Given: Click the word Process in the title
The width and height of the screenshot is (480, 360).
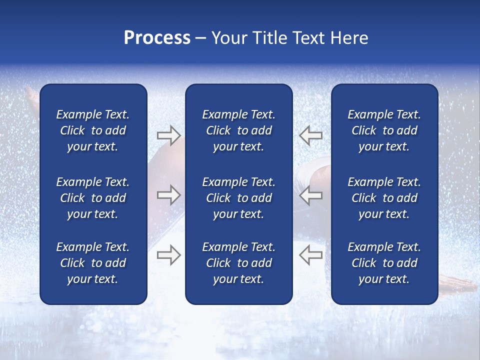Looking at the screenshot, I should (157, 38).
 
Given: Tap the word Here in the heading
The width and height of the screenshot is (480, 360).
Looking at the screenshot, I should (349, 38).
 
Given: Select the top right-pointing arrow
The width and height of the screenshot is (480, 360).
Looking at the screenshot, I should (168, 135).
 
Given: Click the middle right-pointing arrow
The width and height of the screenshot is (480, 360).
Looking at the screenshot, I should (168, 195).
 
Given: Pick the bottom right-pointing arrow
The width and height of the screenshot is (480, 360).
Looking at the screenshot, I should (168, 255).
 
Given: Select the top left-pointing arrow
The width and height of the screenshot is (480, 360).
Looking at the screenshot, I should (310, 135).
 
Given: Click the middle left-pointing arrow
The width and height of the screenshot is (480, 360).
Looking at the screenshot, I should (310, 195).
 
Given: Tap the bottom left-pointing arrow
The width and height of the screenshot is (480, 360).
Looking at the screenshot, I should (310, 255).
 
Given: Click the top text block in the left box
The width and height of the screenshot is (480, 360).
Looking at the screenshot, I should (93, 130).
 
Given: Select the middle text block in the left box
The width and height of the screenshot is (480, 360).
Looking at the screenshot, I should (93, 198).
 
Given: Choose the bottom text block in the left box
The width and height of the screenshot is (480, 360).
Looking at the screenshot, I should (93, 263).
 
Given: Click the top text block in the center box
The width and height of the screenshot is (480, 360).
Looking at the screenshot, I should (238, 130).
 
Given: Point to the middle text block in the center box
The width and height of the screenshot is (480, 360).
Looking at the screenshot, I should (238, 198).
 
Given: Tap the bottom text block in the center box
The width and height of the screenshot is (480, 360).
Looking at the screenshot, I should (238, 263).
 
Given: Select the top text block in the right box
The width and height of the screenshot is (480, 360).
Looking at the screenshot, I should (384, 130).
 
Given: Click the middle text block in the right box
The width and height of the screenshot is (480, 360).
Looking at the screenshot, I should (384, 198).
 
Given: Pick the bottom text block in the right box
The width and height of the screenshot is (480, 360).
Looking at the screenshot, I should (384, 263).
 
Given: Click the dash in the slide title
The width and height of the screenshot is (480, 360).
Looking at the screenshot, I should (200, 38).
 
